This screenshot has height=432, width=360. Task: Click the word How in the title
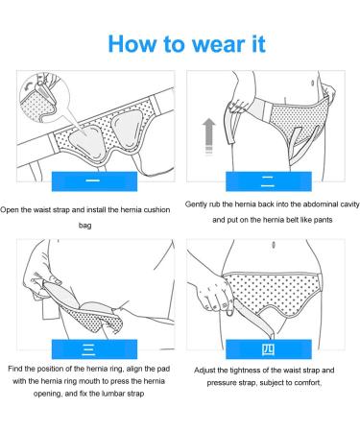click(x=134, y=44)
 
